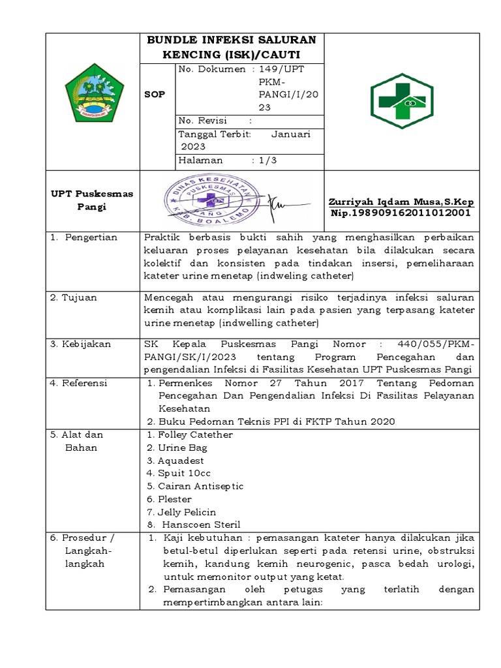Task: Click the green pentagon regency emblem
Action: [x=93, y=95]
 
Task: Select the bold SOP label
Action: [x=155, y=95]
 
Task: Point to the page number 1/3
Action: [x=267, y=160]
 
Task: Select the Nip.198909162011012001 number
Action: [x=401, y=213]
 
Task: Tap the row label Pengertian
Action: [x=91, y=237]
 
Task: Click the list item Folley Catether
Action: [x=190, y=434]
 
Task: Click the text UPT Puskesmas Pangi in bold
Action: [x=92, y=200]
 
